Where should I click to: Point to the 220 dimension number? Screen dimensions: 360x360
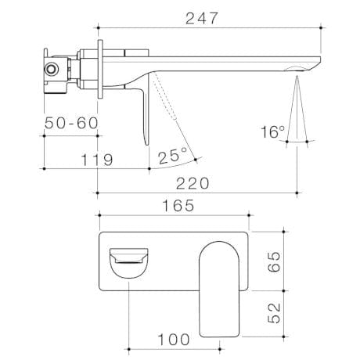(193, 182)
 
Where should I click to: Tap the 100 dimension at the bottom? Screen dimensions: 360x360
(173, 339)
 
